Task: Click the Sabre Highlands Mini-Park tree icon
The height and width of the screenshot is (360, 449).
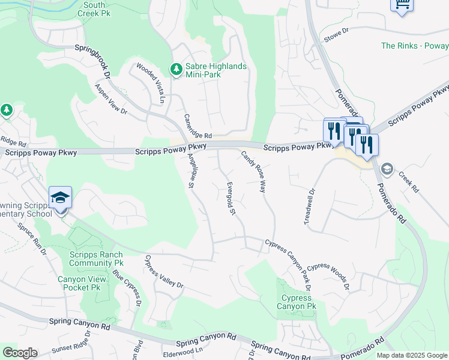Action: click(x=176, y=70)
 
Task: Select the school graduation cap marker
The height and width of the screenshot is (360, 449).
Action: click(x=60, y=198)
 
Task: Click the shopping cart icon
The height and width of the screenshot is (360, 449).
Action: click(x=402, y=5)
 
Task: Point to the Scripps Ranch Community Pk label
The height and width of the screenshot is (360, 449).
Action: click(x=96, y=259)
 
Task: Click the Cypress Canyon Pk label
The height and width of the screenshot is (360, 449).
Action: click(x=296, y=302)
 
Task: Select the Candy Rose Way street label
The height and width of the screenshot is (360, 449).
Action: click(x=253, y=171)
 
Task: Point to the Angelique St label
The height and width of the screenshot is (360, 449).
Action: click(x=190, y=172)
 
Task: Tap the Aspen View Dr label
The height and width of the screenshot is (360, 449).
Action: click(x=111, y=98)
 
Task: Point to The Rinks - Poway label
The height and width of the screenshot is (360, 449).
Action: click(x=414, y=46)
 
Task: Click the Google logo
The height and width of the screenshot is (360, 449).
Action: click(x=20, y=353)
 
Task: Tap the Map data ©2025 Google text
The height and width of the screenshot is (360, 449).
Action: click(x=411, y=355)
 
